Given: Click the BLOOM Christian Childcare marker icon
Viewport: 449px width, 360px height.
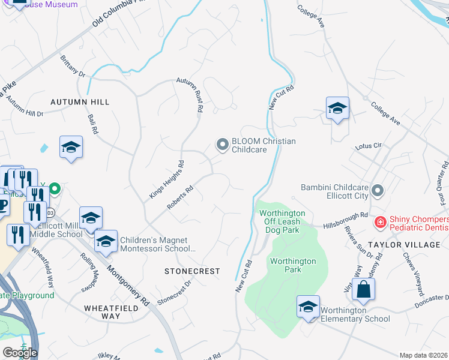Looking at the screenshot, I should point(223,145).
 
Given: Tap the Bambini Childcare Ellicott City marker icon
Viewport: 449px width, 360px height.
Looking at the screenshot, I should point(378,191).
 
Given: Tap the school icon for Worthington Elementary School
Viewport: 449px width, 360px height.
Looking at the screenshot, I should point(309,307).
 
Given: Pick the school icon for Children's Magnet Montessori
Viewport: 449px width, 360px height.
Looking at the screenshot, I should point(106,241).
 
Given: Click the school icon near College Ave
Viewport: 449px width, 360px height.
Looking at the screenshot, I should point(337,109).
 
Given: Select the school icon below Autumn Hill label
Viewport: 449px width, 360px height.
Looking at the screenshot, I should point(71,147).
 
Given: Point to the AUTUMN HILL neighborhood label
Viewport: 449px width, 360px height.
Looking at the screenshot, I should point(80,102).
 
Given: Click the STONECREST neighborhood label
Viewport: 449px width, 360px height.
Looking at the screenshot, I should point(193,271).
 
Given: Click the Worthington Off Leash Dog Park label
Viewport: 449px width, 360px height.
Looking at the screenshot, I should point(282,221).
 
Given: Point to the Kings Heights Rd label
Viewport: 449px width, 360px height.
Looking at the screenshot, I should point(167,180).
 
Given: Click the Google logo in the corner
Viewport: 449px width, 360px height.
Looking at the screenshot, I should point(20,353).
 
